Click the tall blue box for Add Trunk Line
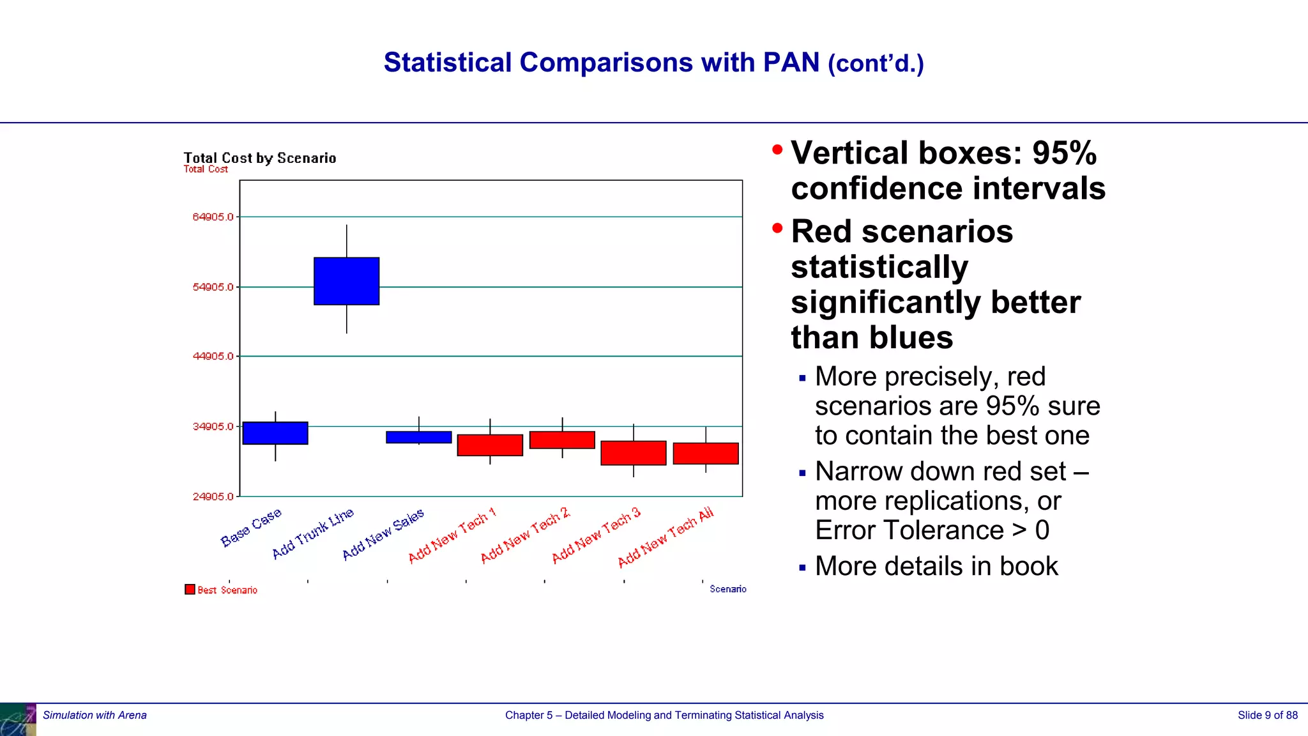point(346,281)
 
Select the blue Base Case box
point(275,433)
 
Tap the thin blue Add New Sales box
point(418,437)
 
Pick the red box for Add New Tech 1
point(490,445)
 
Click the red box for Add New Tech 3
point(633,453)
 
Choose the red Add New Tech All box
point(705,454)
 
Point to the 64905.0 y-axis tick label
point(213,217)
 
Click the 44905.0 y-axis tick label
point(213,356)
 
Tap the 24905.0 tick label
point(213,497)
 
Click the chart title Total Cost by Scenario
point(259,158)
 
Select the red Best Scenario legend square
point(190,589)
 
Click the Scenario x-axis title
point(727,589)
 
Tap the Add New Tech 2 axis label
point(525,535)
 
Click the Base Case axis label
point(251,528)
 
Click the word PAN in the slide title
point(791,63)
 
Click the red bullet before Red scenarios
point(777,228)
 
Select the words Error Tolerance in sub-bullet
point(909,530)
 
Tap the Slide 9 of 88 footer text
point(1267,715)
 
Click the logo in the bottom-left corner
point(18,719)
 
